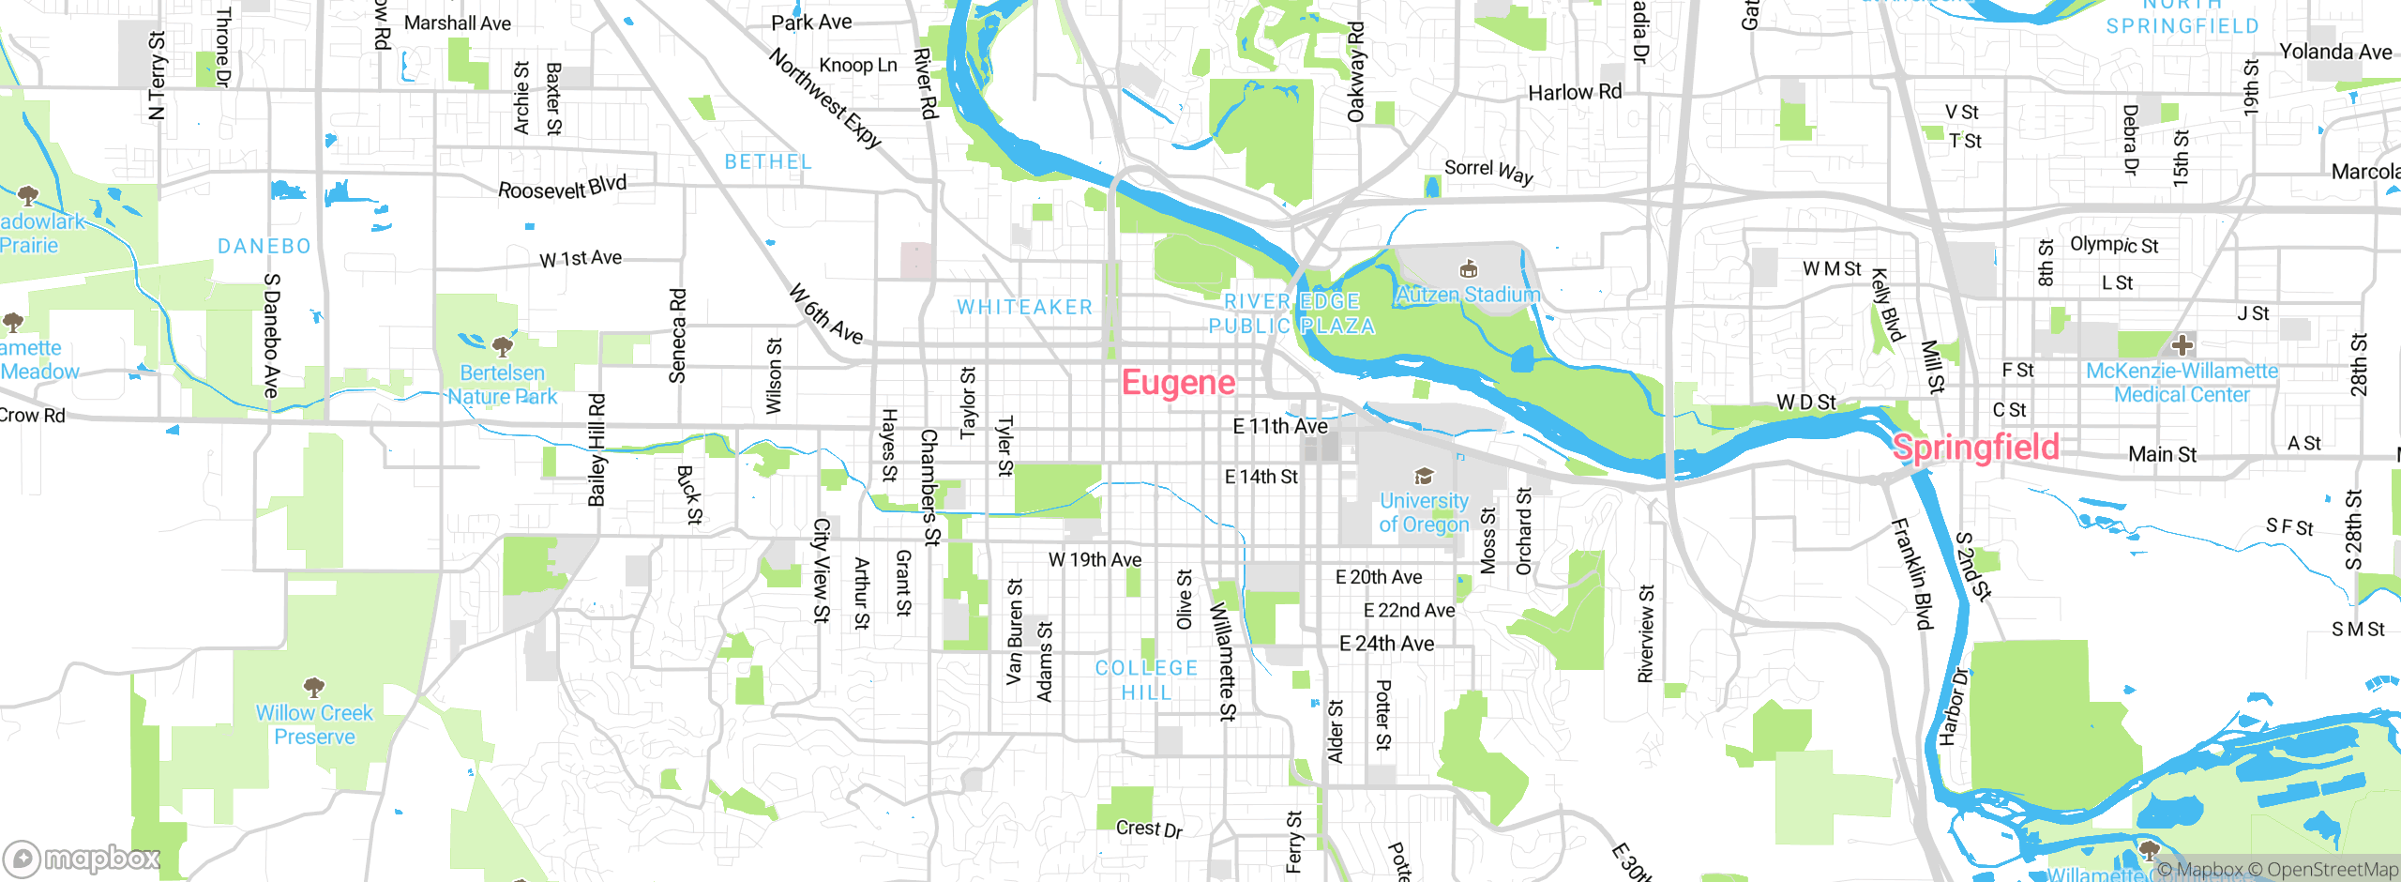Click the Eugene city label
pyautogui.click(x=1178, y=383)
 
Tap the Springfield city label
pyautogui.click(x=1975, y=447)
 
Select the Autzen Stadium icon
pyautogui.click(x=1469, y=269)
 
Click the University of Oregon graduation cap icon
pyautogui.click(x=1423, y=477)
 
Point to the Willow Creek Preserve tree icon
pyautogui.click(x=314, y=687)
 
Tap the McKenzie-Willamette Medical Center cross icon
pyautogui.click(x=2182, y=344)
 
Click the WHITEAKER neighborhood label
pyautogui.click(x=1024, y=307)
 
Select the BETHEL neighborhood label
pyautogui.click(x=768, y=161)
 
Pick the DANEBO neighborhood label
pyautogui.click(x=264, y=246)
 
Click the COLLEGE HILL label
pyautogui.click(x=1146, y=680)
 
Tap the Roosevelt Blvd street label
pyautogui.click(x=562, y=188)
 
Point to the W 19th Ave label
pyautogui.click(x=1095, y=560)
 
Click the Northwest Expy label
pyautogui.click(x=825, y=99)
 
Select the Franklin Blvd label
pyautogui.click(x=1911, y=573)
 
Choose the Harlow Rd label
pyautogui.click(x=1575, y=92)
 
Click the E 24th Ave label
pyautogui.click(x=1386, y=644)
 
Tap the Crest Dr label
pyautogui.click(x=1149, y=829)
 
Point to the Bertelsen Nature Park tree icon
pyautogui.click(x=503, y=346)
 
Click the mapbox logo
pyautogui.click(x=83, y=858)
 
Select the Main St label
pyautogui.click(x=2162, y=454)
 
